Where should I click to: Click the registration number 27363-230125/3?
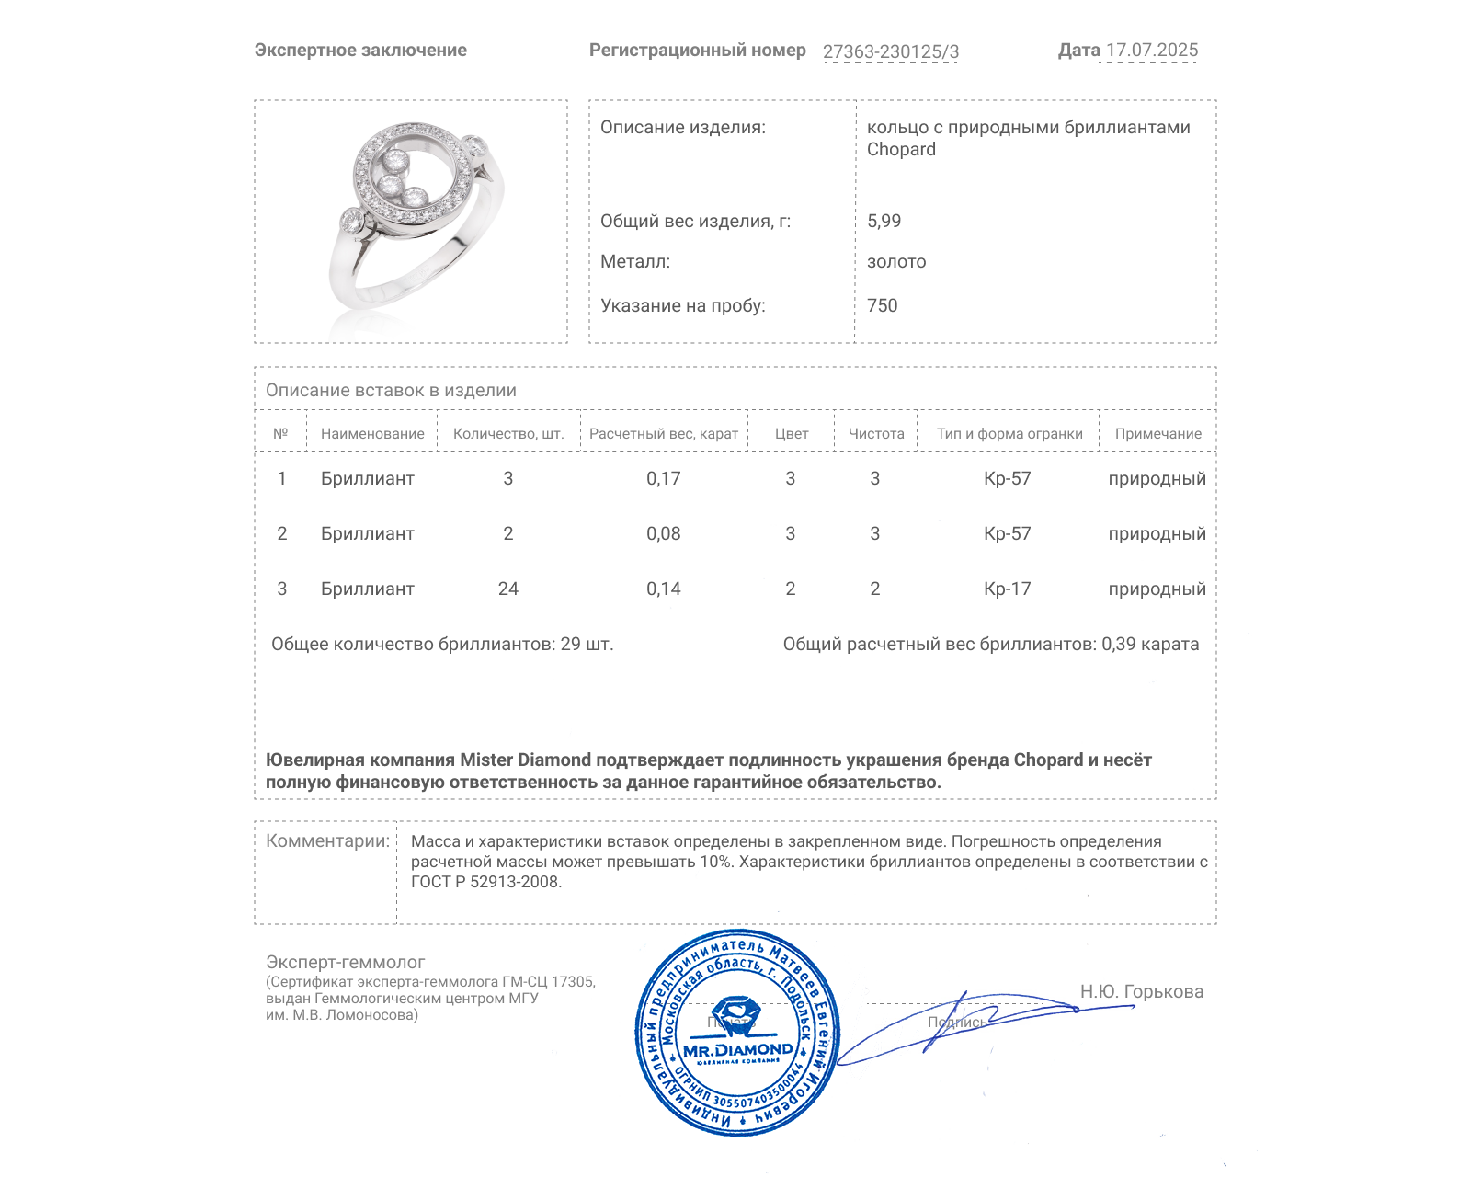[890, 51]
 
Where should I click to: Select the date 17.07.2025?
[1151, 51]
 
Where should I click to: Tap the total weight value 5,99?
[884, 221]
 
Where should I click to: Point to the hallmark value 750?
[882, 305]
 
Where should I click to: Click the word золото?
[896, 261]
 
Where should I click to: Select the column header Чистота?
[875, 433]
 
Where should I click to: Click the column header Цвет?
[791, 433]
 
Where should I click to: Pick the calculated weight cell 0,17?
[663, 478]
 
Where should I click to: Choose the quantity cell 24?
[507, 588]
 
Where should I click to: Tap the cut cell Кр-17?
[1007, 588]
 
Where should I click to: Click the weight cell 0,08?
[663, 533]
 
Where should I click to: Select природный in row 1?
[1157, 478]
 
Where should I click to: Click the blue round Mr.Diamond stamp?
[737, 1032]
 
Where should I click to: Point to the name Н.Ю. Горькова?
[1141, 991]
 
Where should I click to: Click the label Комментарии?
[327, 840]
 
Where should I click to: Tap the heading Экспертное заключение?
[360, 51]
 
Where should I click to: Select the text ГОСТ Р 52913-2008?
[485, 882]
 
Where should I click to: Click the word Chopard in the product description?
[901, 150]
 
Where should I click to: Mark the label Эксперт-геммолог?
[345, 962]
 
